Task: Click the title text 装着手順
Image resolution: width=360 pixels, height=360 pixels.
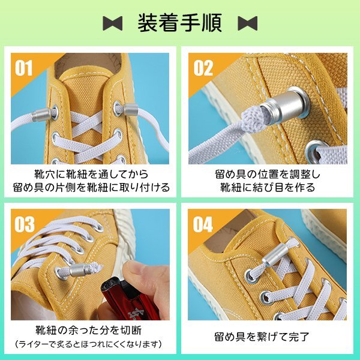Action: pos(179,22)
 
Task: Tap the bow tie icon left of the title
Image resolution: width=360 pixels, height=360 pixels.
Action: pos(112,23)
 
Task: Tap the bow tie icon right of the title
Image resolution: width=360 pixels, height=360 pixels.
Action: pos(247,23)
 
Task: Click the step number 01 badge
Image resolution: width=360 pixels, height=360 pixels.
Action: pos(24,68)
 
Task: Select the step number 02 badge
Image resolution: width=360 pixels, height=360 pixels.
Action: pos(203,68)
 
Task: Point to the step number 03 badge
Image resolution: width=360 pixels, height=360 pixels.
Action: pos(24,224)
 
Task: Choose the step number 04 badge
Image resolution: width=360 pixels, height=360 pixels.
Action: pos(203,224)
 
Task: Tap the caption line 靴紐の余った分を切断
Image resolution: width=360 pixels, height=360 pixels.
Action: pos(89,329)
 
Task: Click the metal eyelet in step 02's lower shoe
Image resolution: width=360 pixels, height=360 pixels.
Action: pos(316,148)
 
